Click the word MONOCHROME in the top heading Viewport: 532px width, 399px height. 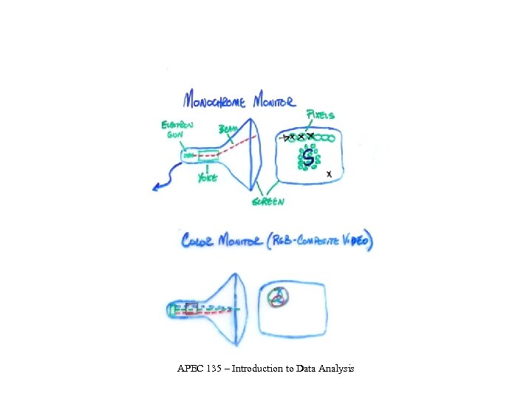tap(215, 100)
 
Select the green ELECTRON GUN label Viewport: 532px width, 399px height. tap(178, 130)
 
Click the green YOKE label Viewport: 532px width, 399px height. tap(208, 179)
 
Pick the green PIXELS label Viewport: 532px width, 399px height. tap(319, 115)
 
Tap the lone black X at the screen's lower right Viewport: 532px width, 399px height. tap(330, 174)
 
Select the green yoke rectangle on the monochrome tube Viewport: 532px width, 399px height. tap(208, 155)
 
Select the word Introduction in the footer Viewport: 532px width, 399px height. tap(258, 367)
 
